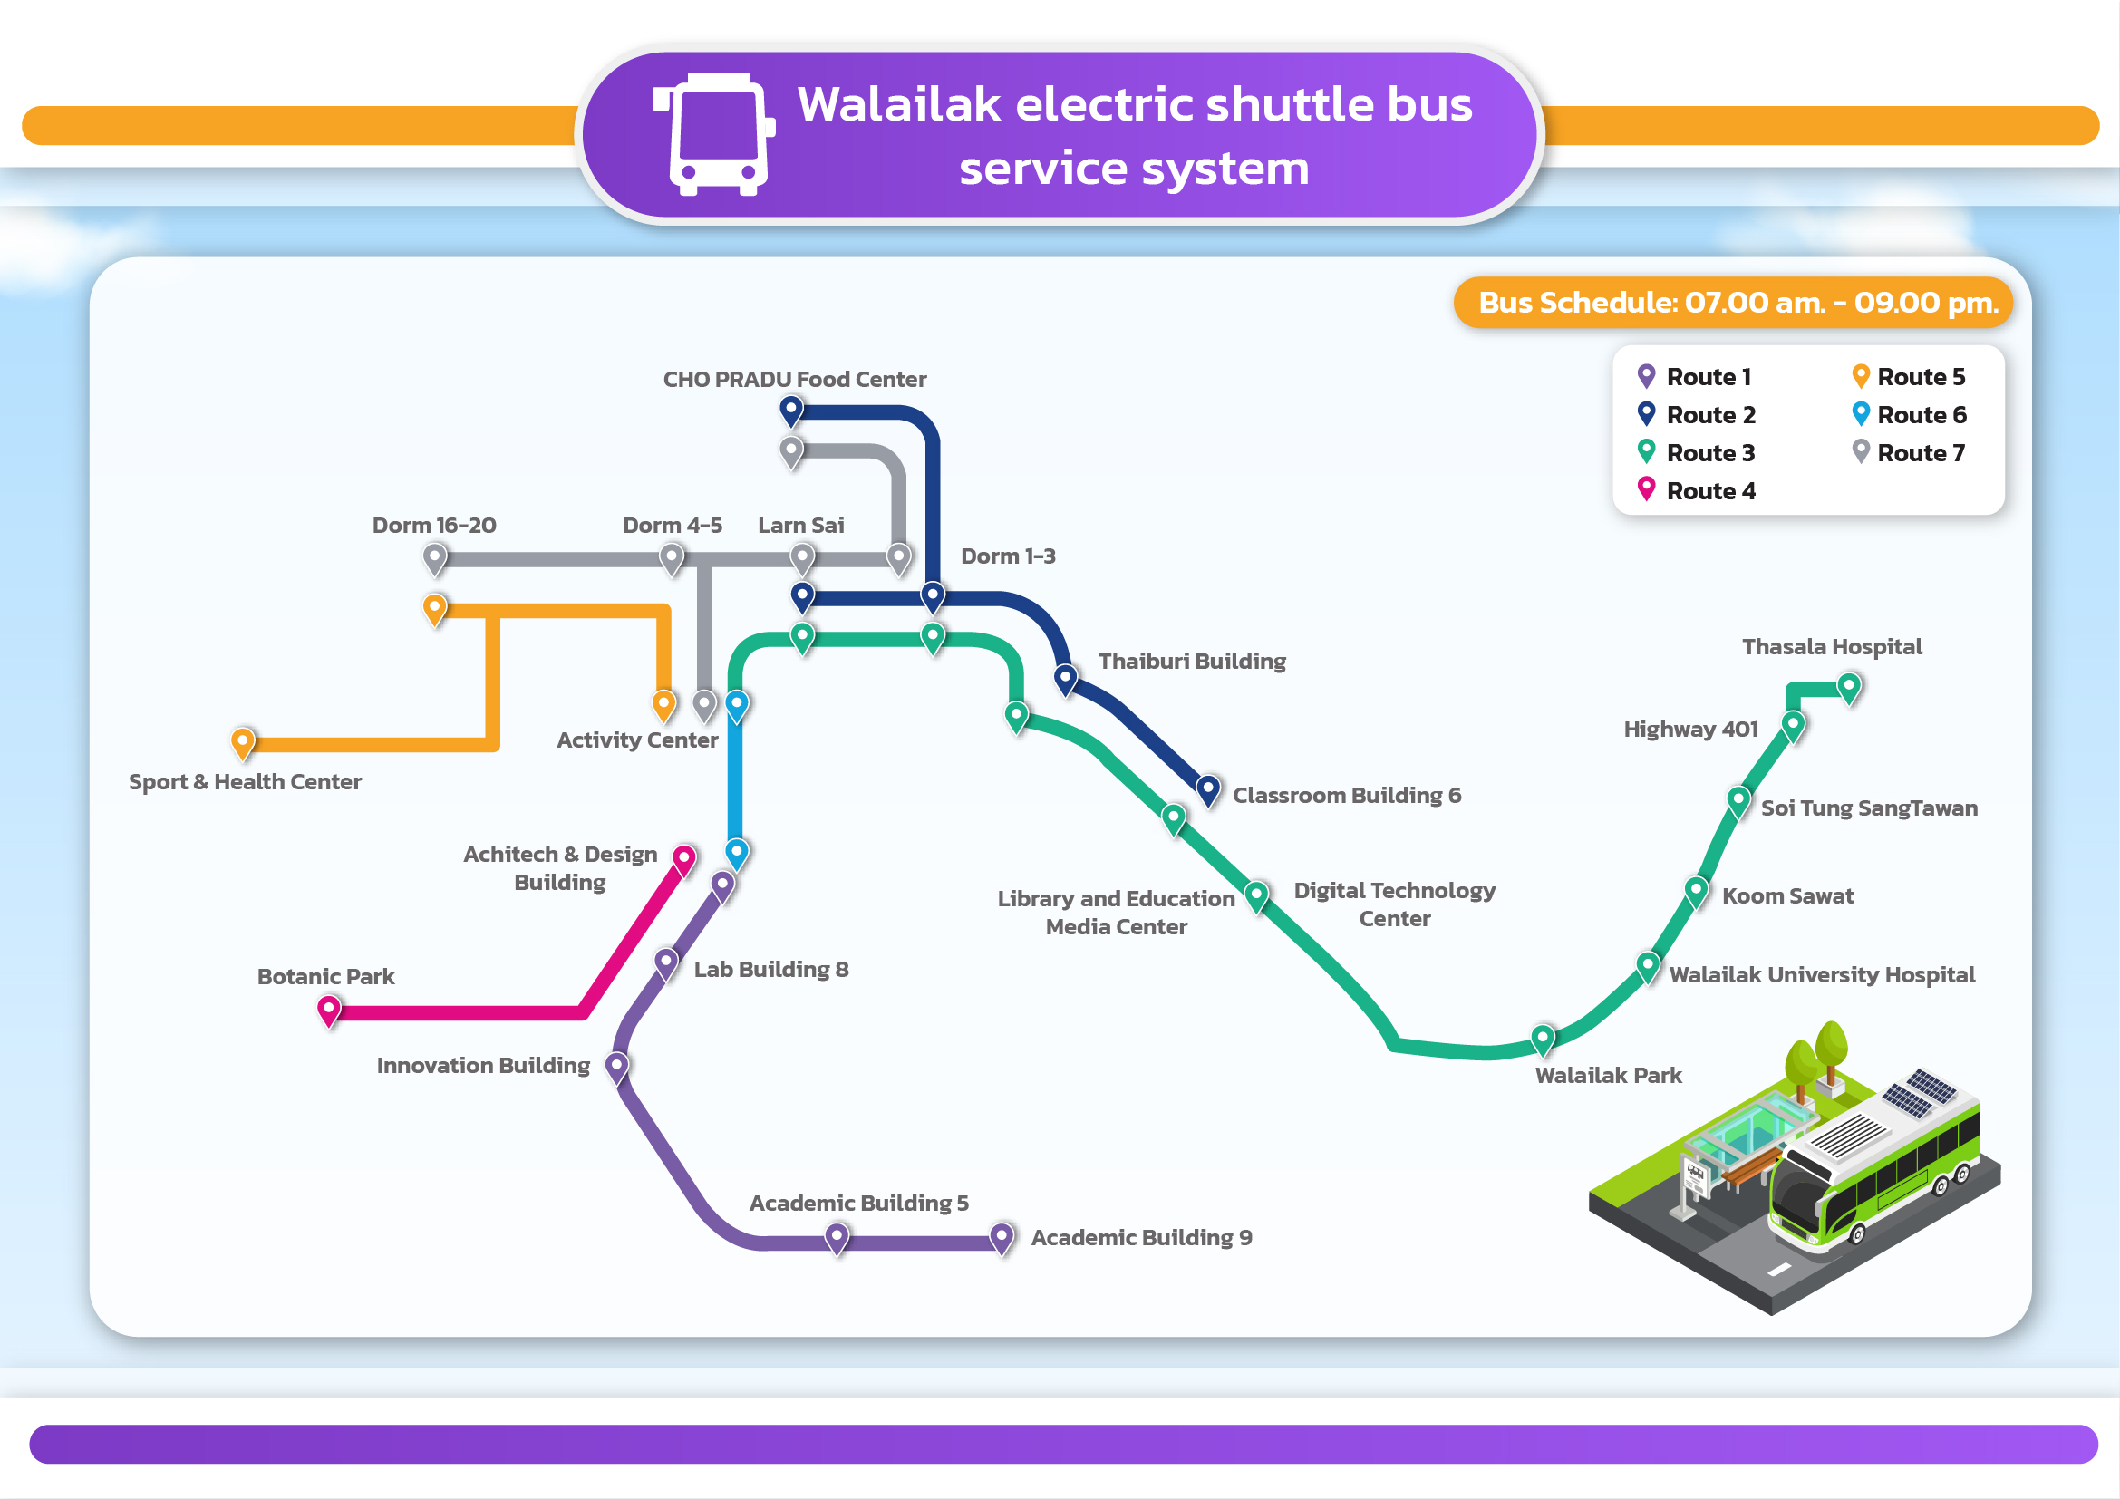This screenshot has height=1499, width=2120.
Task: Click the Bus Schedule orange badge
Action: (1732, 303)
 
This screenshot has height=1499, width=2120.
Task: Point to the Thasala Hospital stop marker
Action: (1848, 686)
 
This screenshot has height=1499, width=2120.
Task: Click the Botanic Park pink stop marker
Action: (329, 1009)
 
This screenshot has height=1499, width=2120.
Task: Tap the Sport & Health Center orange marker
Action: (243, 741)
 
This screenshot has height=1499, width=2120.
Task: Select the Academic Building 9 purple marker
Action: (1002, 1235)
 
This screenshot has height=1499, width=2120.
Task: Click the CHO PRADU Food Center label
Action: (794, 380)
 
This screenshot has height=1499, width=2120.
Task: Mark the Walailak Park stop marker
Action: (1543, 1038)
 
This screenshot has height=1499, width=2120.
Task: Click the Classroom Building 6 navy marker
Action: (1207, 788)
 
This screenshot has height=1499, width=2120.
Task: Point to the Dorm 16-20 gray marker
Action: (435, 557)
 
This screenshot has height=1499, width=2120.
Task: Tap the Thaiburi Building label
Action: (1191, 661)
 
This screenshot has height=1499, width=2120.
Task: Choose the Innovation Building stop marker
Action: (617, 1065)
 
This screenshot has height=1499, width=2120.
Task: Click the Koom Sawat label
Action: (1786, 895)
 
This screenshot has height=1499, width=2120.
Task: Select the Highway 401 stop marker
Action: (1792, 725)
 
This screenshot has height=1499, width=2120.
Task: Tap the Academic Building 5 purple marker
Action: (837, 1235)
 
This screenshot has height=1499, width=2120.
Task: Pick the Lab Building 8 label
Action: (770, 969)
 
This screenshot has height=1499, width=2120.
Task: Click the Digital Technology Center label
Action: (1394, 904)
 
